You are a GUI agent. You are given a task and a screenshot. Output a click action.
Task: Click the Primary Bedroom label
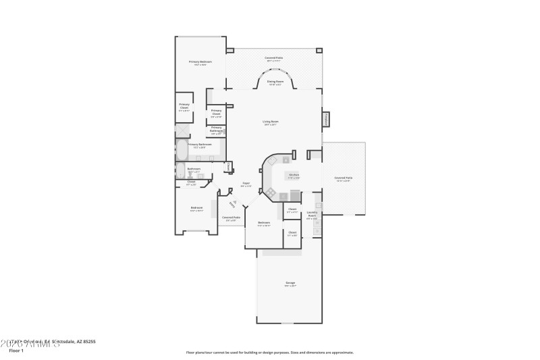coord(199,62)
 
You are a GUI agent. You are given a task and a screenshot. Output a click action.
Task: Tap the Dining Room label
coord(275,82)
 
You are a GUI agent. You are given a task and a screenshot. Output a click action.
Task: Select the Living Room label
coord(271,122)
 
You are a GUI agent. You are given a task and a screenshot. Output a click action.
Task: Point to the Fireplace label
coord(325,119)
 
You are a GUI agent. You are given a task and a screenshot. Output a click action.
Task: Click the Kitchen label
coord(294,176)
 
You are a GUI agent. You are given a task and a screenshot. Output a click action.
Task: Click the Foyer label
coord(246,184)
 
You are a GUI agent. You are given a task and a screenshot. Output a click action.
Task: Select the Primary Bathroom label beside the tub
coord(200,145)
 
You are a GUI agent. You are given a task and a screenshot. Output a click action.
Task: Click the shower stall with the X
coord(182,130)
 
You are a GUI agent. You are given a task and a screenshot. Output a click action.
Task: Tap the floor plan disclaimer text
coord(269,352)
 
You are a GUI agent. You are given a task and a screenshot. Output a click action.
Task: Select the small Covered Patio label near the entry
coord(232,218)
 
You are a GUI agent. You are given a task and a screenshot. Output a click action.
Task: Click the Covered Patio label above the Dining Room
coord(273,59)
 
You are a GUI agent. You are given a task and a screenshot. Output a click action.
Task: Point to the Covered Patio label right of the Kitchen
coord(343,179)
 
